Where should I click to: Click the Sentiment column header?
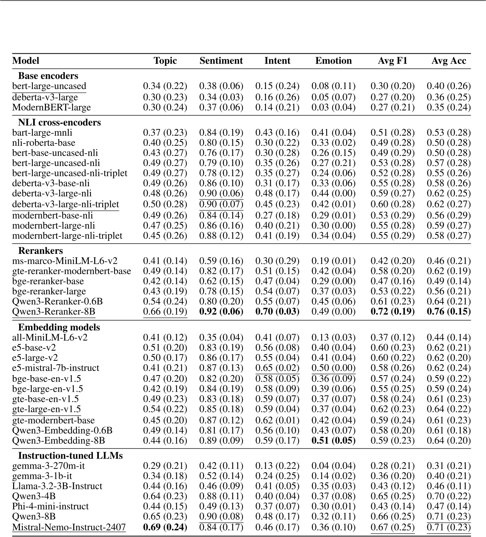221,61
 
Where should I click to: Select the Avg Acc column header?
449,61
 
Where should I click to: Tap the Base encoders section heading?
48,76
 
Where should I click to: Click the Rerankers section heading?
40,250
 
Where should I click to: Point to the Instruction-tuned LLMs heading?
70,455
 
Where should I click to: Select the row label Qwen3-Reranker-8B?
54,312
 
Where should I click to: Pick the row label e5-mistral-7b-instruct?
55,368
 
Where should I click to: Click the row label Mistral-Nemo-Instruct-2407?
69,527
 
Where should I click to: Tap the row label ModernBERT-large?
52,107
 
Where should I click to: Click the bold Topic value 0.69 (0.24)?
165,527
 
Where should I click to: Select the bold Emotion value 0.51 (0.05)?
333,441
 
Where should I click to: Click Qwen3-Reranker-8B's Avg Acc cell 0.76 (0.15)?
449,312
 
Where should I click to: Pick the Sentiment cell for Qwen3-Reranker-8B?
221,312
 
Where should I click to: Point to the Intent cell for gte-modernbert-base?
277,420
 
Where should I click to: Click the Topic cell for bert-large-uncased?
165,86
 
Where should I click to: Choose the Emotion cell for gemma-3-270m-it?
333,466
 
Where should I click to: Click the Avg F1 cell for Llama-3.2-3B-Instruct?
392,486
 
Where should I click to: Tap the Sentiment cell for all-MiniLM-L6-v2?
221,337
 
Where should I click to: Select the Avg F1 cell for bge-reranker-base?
392,281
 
